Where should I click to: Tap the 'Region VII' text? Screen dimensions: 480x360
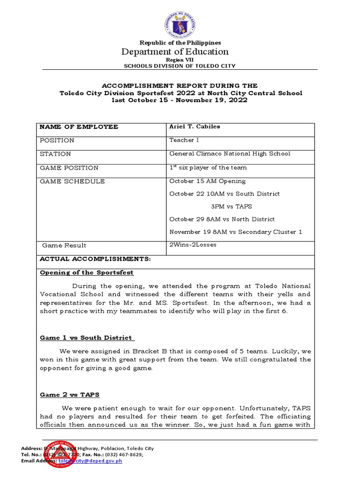pyautogui.click(x=180, y=60)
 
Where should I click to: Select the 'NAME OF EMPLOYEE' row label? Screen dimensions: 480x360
pyautogui.click(x=79, y=127)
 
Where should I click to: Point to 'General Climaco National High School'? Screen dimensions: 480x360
pyautogui.click(x=230, y=154)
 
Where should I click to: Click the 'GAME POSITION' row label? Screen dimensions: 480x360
pyautogui.click(x=69, y=168)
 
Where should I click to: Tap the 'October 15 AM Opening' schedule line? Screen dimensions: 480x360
pyautogui.click(x=207, y=181)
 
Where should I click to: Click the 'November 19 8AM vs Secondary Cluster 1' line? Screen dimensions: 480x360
pyautogui.click(x=236, y=232)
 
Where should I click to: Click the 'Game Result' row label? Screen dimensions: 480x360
pyautogui.click(x=64, y=245)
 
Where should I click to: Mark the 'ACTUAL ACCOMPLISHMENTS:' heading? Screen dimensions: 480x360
pyautogui.click(x=95, y=259)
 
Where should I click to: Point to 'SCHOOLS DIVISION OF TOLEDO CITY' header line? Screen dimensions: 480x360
pyautogui.click(x=180, y=66)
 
